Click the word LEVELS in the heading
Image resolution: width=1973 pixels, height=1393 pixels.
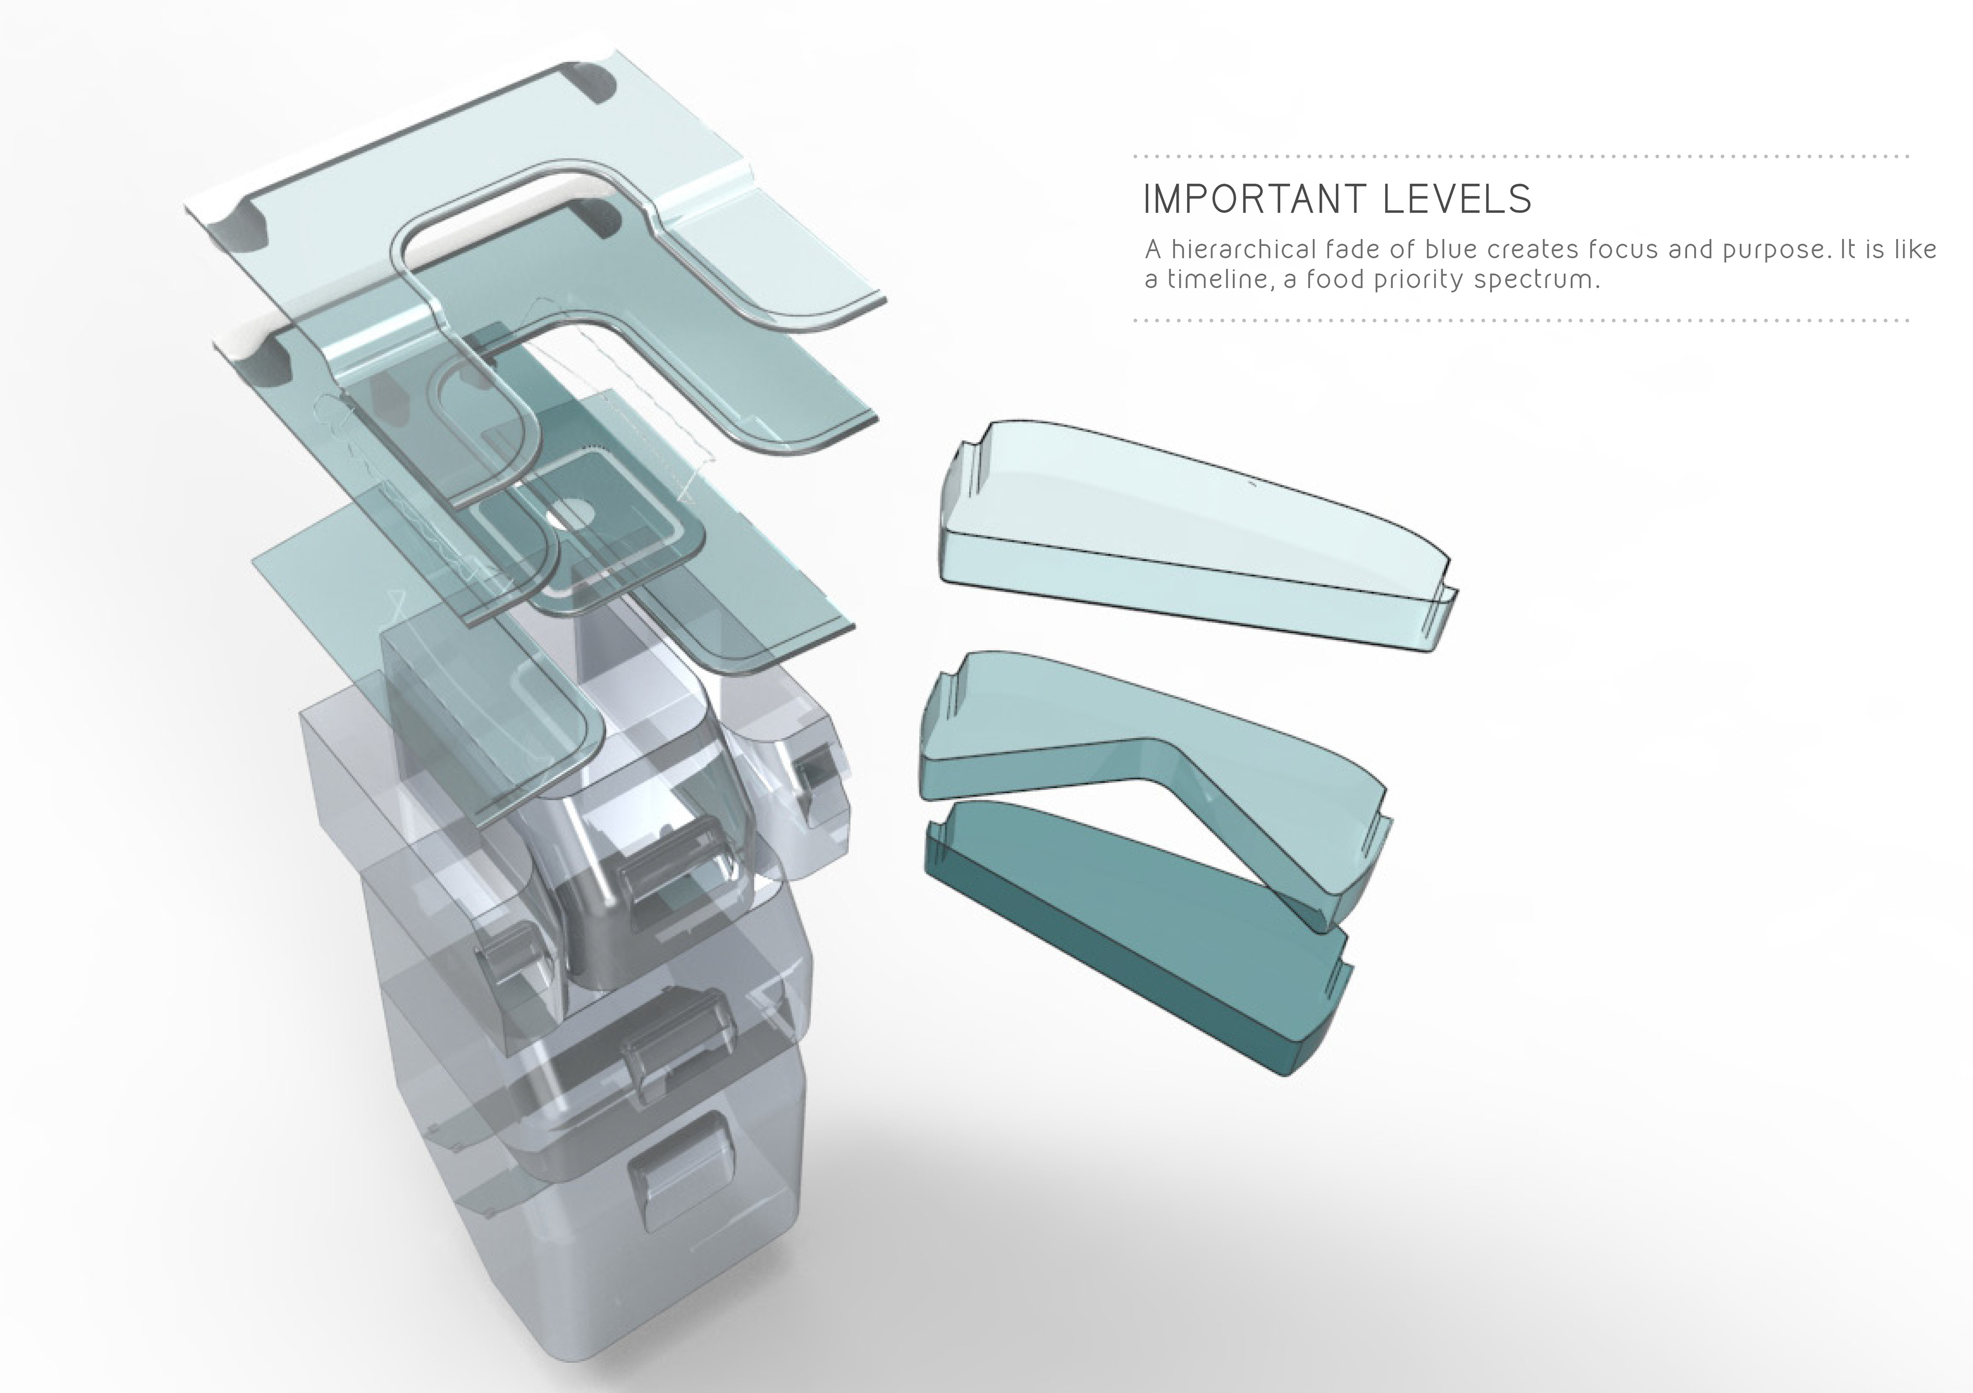click(x=1458, y=199)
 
